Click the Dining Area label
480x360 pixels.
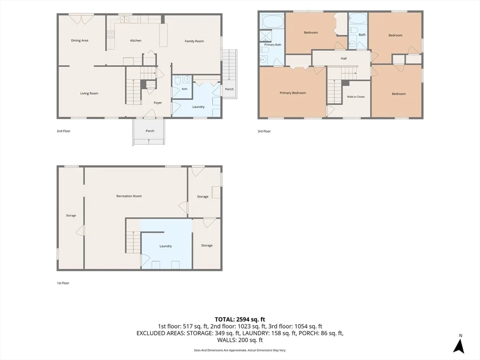tap(80, 40)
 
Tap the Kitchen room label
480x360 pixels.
tap(135, 40)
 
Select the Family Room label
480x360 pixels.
tap(194, 41)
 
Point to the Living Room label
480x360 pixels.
tap(89, 93)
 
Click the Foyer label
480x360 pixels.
tap(157, 103)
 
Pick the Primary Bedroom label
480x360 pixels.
tap(292, 93)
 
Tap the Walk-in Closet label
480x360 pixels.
tap(356, 97)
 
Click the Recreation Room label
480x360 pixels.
tap(129, 196)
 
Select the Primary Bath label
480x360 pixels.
tap(273, 45)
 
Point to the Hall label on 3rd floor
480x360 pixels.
tap(344, 58)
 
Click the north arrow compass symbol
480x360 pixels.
tap(459, 345)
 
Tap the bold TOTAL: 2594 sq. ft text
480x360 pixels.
tap(240, 320)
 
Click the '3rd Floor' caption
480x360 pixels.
tap(264, 131)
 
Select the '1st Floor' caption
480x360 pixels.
tap(63, 283)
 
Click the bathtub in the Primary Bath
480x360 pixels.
tap(272, 22)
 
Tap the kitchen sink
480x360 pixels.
tap(124, 19)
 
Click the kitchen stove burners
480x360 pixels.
tap(110, 35)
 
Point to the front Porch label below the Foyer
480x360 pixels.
tap(150, 131)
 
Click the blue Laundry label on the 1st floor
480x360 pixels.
tap(165, 246)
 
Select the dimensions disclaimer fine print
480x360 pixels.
tap(240, 350)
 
